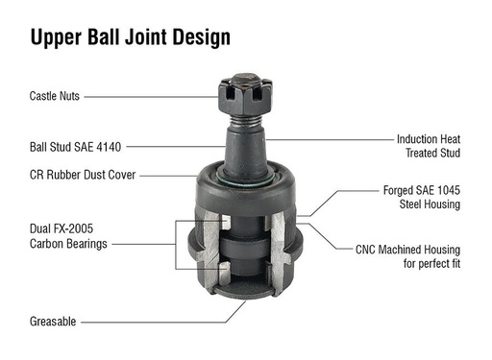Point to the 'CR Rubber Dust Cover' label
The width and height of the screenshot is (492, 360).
[83, 175]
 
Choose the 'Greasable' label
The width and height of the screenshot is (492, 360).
[53, 322]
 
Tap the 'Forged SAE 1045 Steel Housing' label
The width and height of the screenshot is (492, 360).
[421, 197]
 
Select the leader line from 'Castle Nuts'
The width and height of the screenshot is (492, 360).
[154, 97]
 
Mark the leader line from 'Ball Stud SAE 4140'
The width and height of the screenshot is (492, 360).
[178, 148]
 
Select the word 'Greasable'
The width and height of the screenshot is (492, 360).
[53, 322]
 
